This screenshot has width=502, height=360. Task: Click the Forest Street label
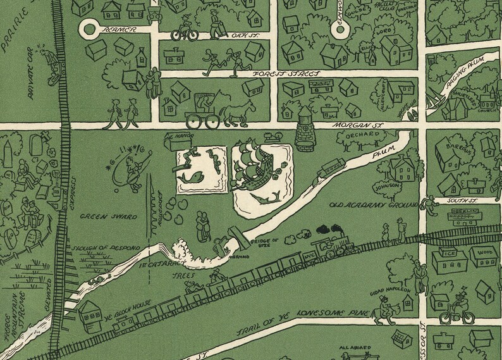click(x=286, y=73)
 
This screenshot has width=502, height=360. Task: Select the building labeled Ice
click(x=447, y=256)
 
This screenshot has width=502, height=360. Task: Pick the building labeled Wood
click(x=483, y=255)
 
